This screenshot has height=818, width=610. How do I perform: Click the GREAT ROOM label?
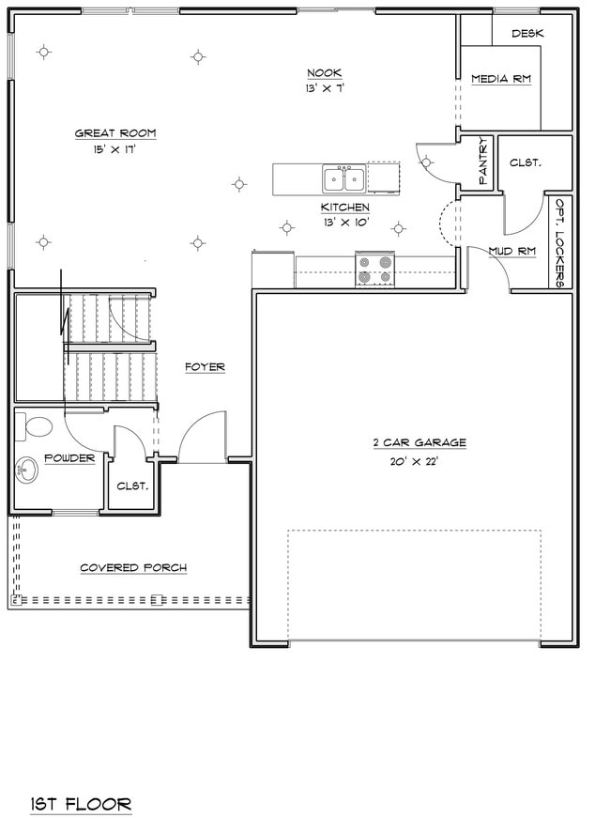pyautogui.click(x=115, y=133)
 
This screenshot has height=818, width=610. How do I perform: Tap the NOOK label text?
pyautogui.click(x=325, y=73)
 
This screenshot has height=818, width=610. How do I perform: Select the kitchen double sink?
pyautogui.click(x=343, y=178)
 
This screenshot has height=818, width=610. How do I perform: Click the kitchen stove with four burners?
pyautogui.click(x=374, y=270)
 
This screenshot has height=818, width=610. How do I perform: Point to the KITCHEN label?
pyautogui.click(x=344, y=208)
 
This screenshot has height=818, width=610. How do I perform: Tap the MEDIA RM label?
pyautogui.click(x=501, y=79)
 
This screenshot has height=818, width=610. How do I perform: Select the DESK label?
pyautogui.click(x=528, y=33)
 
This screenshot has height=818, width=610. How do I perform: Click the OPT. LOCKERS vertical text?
pyautogui.click(x=560, y=241)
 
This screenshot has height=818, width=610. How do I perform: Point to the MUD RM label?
pyautogui.click(x=511, y=251)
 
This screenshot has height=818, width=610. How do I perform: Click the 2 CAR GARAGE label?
pyautogui.click(x=419, y=443)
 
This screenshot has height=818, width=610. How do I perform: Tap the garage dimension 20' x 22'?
pyautogui.click(x=414, y=461)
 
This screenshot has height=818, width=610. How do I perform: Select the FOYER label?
pyautogui.click(x=205, y=367)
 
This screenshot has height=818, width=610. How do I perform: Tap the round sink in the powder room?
pyautogui.click(x=27, y=468)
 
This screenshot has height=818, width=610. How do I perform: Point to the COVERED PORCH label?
pyautogui.click(x=132, y=567)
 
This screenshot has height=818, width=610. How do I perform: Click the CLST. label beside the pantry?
pyautogui.click(x=525, y=162)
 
